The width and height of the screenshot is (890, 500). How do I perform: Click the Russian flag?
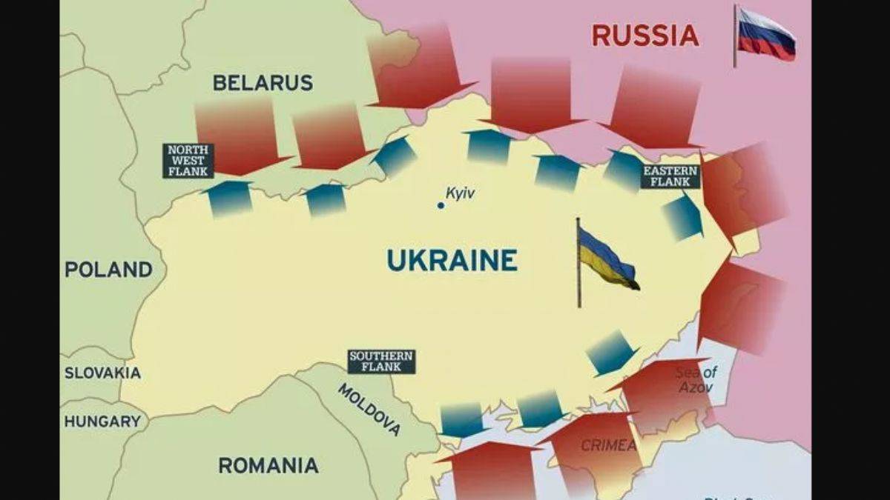coord(766,34)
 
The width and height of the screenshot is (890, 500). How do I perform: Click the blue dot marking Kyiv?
coord(441,205)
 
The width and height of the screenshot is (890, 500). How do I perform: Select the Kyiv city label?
coord(460,193)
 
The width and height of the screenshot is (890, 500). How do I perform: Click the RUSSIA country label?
coord(645,36)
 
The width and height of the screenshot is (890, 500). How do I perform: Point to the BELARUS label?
coord(263,83)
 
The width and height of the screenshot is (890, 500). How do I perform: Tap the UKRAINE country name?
coord(452,261)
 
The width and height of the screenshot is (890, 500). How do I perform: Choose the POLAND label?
coord(108,270)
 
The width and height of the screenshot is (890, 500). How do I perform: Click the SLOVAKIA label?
coord(102,373)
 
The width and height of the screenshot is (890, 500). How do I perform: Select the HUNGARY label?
coord(102,421)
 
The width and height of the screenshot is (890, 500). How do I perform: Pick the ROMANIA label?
coord(268,465)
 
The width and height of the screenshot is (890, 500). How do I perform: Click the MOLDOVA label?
coord(369,410)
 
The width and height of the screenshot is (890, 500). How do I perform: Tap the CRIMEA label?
coord(608,445)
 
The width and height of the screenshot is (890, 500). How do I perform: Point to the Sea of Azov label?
coord(696,379)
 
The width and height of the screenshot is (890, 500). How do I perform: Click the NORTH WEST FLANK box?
coord(188,161)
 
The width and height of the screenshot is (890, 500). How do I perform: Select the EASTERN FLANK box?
coord(670,176)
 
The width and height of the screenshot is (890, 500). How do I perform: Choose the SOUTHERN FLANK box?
coord(381,361)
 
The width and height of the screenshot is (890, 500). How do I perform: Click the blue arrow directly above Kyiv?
coord(488,146)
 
